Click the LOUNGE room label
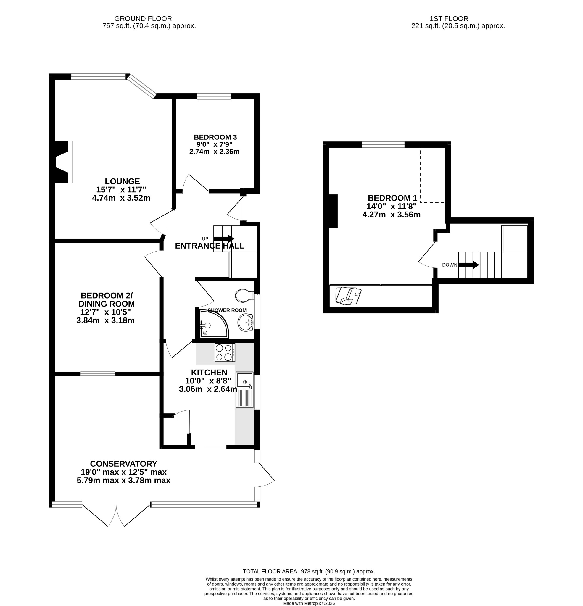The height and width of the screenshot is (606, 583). coord(122,181)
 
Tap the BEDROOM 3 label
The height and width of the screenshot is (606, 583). coord(215,137)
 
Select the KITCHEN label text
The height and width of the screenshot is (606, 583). coord(209,373)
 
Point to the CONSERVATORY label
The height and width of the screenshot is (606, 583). coord(124,464)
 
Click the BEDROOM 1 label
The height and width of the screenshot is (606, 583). coord(392,198)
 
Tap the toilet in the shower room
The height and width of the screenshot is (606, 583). coord(245,296)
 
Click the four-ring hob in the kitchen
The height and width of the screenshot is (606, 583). coord(225,352)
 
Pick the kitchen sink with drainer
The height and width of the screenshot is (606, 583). coord(245,390)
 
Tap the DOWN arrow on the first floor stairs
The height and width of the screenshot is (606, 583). coord(468,265)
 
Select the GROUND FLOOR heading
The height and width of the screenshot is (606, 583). coord(143,19)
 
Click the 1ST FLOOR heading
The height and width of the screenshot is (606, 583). coord(449,19)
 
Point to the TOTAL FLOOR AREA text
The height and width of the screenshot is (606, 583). coord(309,572)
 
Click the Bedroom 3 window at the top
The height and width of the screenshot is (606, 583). coord(214,96)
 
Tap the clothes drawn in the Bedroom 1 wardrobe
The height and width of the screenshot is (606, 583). coord(349,296)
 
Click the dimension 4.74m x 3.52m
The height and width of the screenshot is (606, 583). coord(121,198)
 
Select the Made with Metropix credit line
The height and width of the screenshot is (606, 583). coord(309,603)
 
